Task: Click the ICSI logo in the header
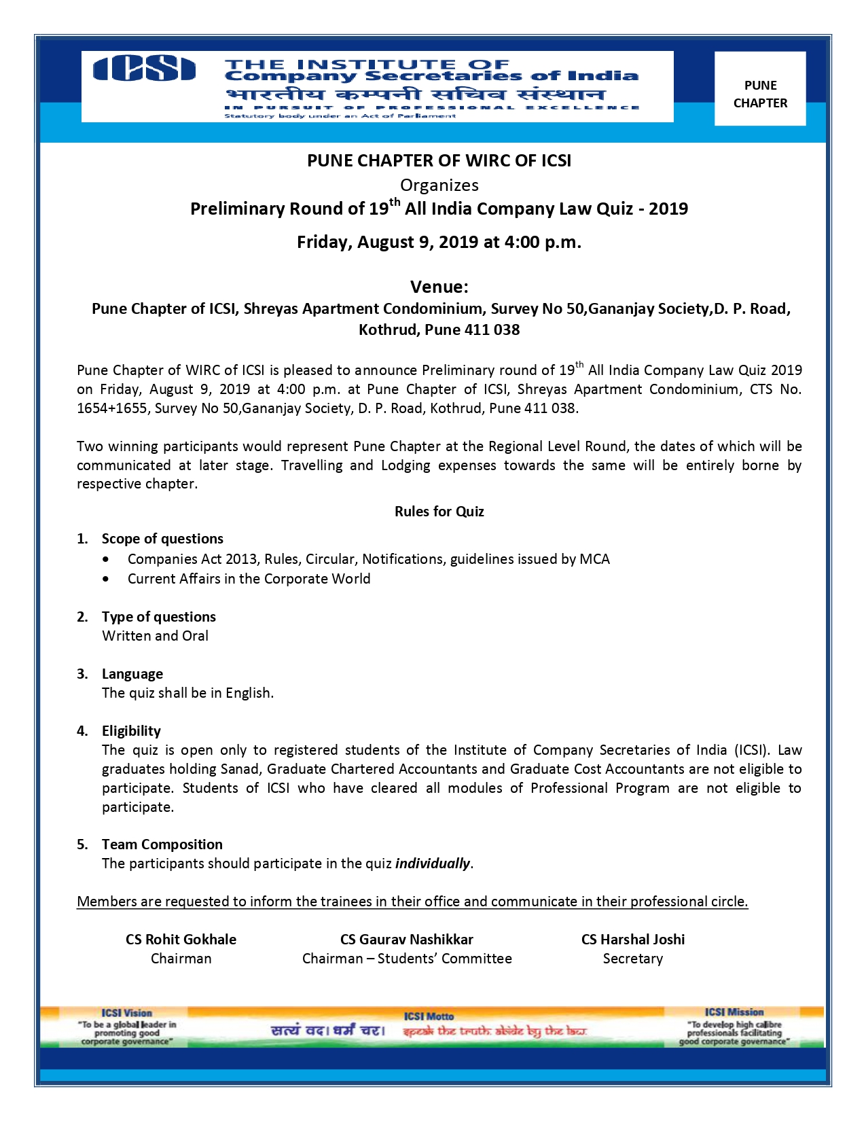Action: [x=144, y=69]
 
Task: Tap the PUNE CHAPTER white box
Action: [x=760, y=89]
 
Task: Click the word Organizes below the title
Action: [x=439, y=185]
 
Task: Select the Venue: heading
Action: [x=439, y=287]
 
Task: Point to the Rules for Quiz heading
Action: [x=439, y=512]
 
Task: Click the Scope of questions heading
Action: [x=162, y=539]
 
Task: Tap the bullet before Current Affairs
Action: [x=105, y=580]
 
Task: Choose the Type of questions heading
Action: [x=159, y=617]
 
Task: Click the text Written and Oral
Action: [x=155, y=636]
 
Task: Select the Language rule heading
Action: [x=132, y=674]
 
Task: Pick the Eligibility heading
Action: [x=131, y=731]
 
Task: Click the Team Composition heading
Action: [x=162, y=844]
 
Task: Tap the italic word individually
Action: [x=433, y=864]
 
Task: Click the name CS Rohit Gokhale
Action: [x=181, y=940]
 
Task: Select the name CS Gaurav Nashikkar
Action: [x=406, y=940]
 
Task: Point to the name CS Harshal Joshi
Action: [x=632, y=940]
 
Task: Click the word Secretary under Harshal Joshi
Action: [x=632, y=959]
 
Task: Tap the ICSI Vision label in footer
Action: [x=126, y=1013]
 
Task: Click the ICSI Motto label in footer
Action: [x=428, y=1016]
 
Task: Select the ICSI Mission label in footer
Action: [x=734, y=1012]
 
